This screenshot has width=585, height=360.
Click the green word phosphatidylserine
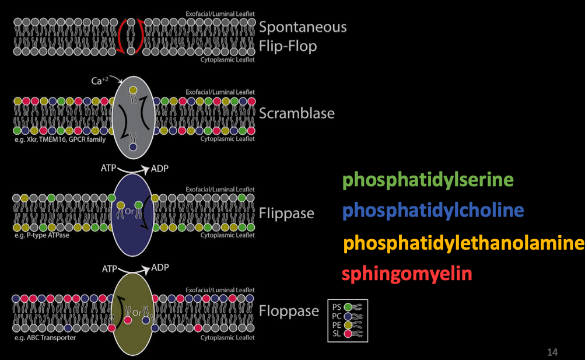coord(428,180)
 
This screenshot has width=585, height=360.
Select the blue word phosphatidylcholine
coord(433,210)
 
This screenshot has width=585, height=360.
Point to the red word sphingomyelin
coord(407,274)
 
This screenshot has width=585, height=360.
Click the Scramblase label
coord(297,113)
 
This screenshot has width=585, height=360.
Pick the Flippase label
coord(286,214)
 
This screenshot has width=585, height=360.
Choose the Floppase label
coord(289,311)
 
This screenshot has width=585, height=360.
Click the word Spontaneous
coord(303,27)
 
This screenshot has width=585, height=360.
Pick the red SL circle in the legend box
coord(348,333)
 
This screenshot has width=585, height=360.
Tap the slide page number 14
coord(552,352)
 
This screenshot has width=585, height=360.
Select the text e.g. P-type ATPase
coord(39,236)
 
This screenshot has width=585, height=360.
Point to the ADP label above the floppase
coord(160,268)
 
